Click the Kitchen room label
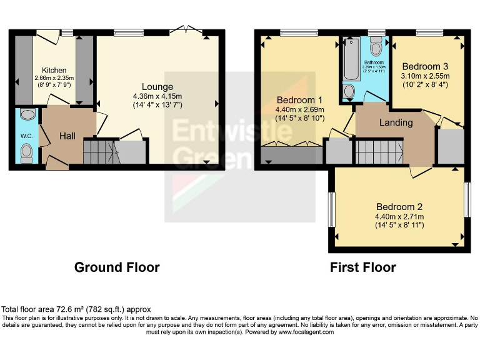coord(54,70)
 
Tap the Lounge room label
coord(157,86)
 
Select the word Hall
coord(67,135)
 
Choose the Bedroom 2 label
coord(399,207)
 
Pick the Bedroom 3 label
coord(424,66)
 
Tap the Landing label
coord(396,122)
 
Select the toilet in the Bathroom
coord(376,47)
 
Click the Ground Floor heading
coord(117,267)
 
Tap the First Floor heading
coord(362,267)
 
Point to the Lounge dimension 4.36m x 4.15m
coord(157,96)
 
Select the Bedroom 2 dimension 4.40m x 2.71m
coord(399,216)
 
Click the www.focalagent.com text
coord(306,332)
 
